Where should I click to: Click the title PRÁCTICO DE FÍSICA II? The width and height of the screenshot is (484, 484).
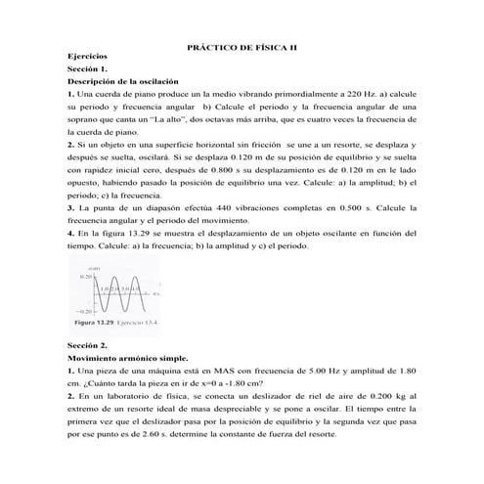(x=241, y=47)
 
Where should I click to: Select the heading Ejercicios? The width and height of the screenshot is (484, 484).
(x=89, y=59)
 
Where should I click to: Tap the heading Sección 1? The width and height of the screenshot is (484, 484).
(x=86, y=71)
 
